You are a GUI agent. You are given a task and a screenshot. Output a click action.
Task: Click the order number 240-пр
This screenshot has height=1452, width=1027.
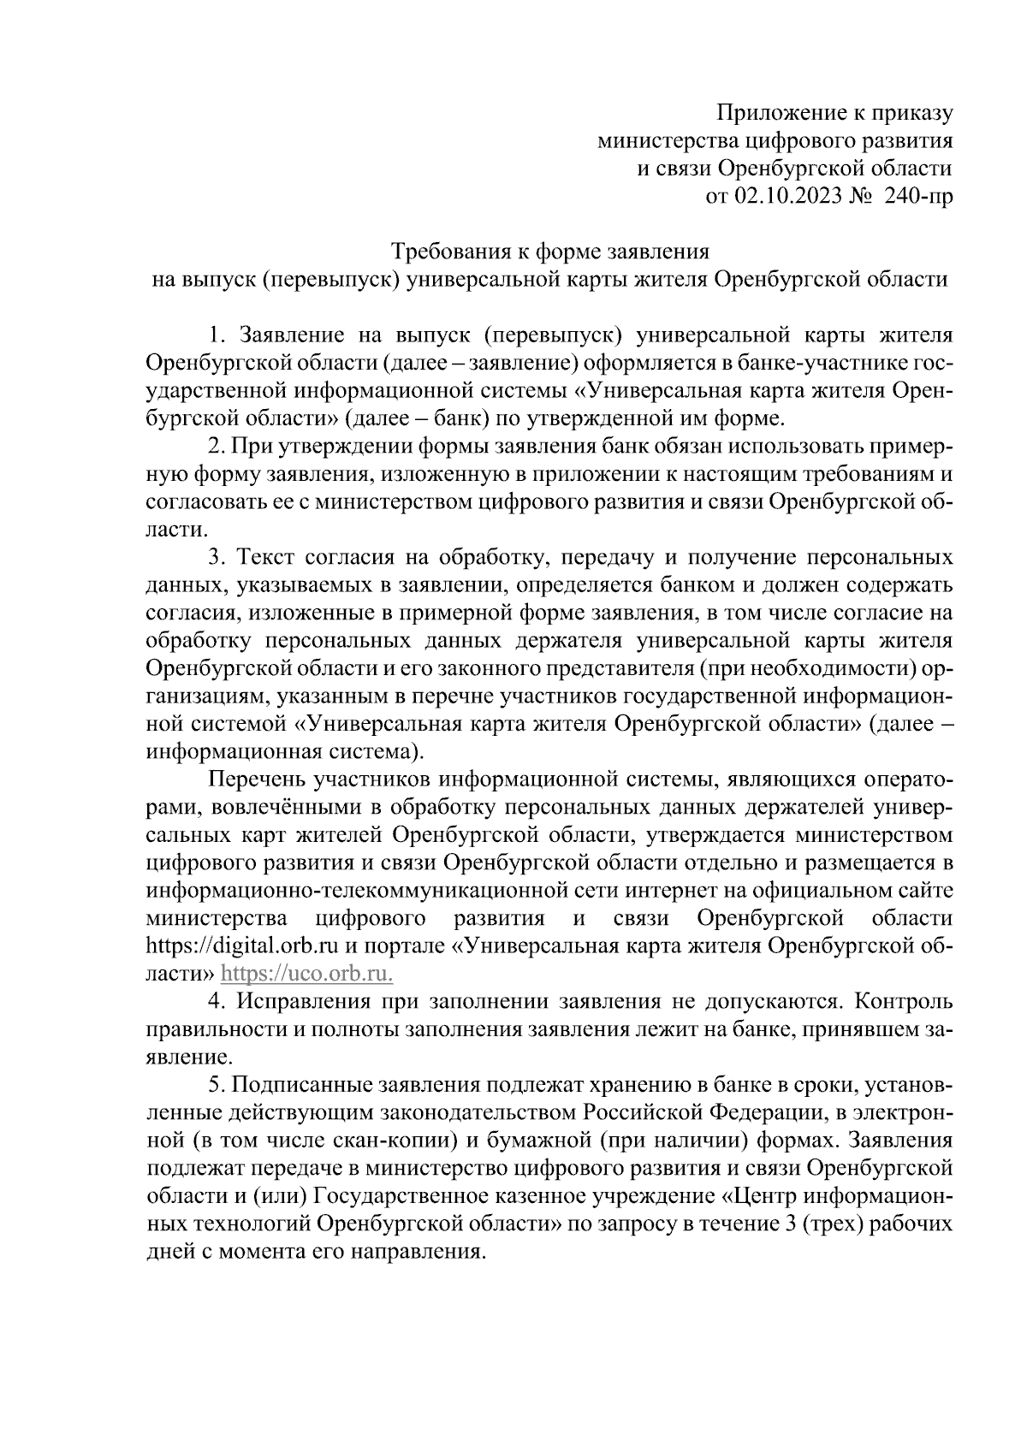[x=917, y=197]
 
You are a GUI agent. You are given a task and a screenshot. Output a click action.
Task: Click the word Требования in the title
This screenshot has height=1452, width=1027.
[x=450, y=252]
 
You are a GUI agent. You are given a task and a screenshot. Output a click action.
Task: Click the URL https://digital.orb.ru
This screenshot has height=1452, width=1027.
[x=243, y=946]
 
